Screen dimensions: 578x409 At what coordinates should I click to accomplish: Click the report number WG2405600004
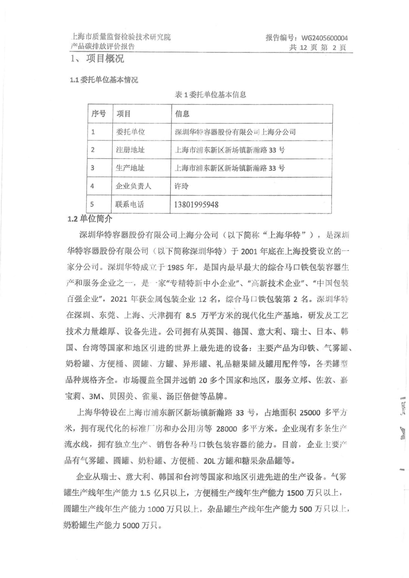324,38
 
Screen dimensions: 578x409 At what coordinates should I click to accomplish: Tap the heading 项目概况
105,59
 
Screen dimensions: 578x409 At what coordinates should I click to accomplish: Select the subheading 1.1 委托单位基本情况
104,80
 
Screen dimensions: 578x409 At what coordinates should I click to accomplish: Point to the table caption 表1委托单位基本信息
210,95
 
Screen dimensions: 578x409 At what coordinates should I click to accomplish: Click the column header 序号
99,113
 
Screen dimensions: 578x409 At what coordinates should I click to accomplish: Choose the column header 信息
182,113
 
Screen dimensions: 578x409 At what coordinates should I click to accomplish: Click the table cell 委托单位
130,132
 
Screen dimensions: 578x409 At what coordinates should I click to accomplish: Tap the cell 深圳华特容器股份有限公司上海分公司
235,132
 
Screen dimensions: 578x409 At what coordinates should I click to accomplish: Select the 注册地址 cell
130,150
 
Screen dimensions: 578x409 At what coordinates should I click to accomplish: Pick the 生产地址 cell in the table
130,168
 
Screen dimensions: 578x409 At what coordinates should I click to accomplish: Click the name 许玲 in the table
181,186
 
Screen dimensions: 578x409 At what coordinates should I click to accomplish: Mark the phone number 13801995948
196,205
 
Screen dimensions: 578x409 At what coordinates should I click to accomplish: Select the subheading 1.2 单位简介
90,219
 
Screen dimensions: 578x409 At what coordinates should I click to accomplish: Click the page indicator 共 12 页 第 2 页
318,47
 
